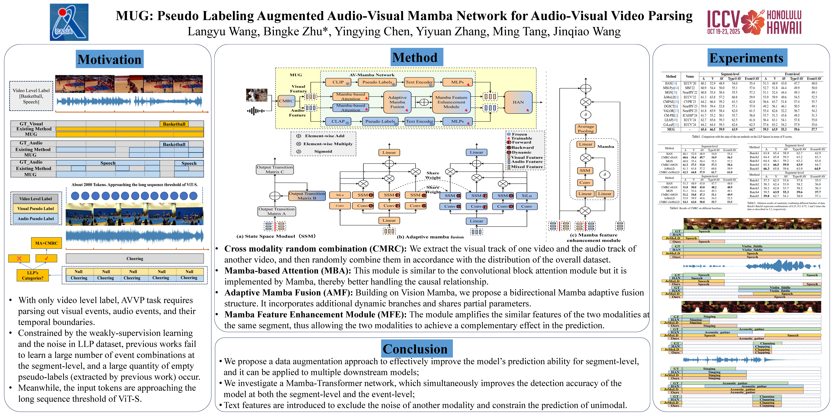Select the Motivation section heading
pos(109,59)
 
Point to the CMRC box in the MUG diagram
pos(286,101)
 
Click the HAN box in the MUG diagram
pos(518,102)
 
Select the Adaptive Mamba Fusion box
pos(397,102)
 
